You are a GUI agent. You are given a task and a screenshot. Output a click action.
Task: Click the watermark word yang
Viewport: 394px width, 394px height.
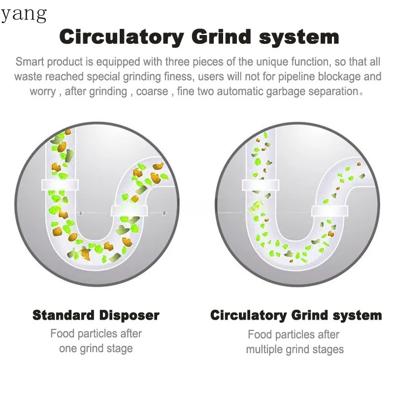click(24, 15)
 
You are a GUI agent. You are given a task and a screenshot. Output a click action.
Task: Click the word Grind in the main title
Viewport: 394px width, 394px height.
click(222, 37)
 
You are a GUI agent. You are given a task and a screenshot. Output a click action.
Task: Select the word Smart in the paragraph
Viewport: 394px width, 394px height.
click(30, 62)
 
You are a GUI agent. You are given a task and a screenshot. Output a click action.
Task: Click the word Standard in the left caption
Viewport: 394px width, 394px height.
click(64, 315)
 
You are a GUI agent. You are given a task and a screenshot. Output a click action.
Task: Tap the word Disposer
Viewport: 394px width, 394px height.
click(129, 316)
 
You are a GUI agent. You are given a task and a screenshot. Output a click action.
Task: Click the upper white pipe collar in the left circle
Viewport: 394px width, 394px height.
click(60, 185)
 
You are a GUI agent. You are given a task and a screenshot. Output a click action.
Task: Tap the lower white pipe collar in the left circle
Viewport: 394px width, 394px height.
click(129, 211)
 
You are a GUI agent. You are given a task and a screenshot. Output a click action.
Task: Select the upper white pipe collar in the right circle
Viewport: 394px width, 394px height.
click(261, 185)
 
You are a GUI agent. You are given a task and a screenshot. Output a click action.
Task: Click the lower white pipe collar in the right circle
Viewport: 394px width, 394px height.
click(330, 211)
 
